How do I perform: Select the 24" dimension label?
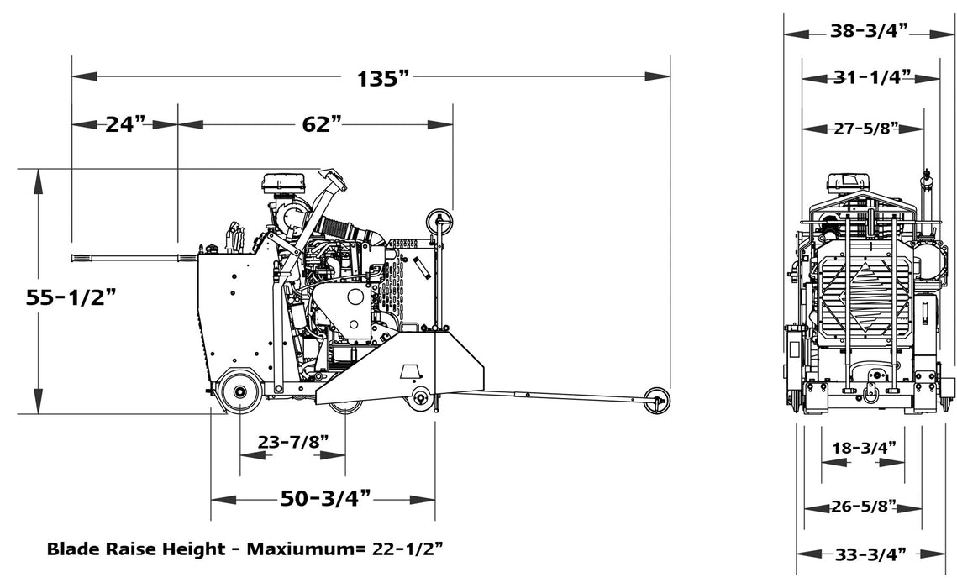click(x=125, y=124)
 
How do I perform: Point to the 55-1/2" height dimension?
click(x=71, y=298)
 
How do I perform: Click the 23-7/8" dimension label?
click(x=292, y=443)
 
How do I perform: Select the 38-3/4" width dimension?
click(x=869, y=32)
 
